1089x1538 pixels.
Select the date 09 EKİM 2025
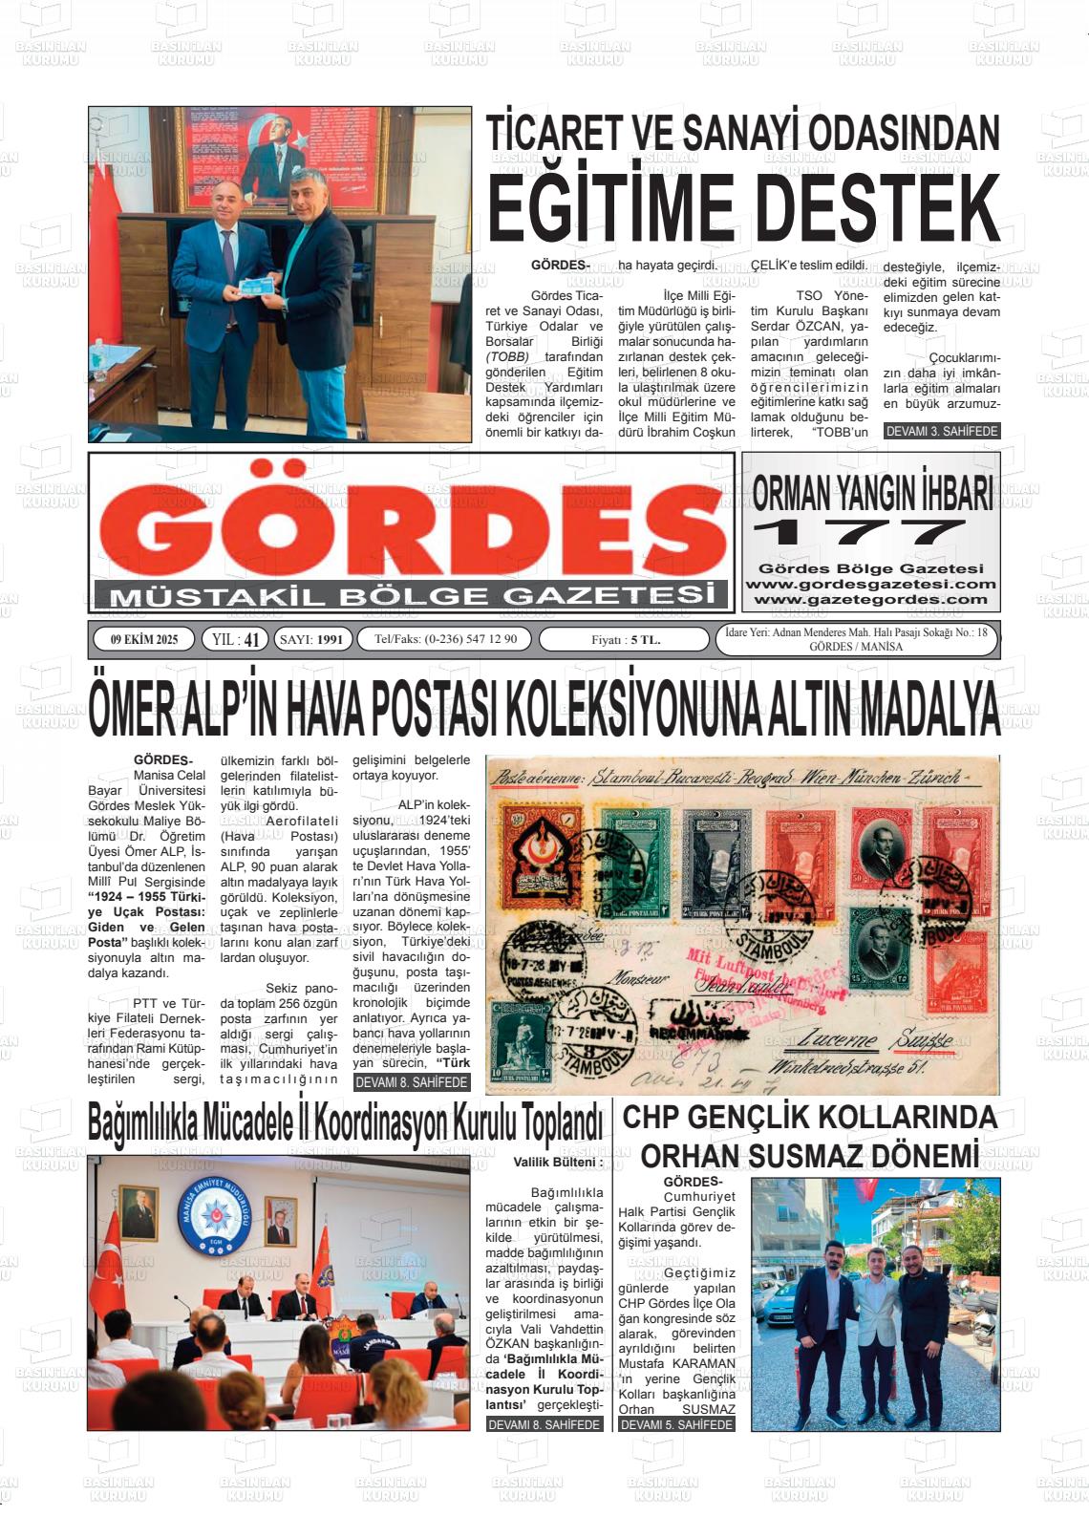tap(144, 639)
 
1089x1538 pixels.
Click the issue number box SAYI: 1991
tap(313, 639)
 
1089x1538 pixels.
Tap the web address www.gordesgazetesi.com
tap(870, 584)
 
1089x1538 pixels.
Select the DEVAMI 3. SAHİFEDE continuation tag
tap(942, 432)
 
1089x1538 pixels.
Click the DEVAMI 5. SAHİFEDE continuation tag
tap(676, 1424)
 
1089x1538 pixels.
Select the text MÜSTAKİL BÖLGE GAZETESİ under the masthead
tap(413, 596)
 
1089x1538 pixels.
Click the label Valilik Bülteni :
tap(558, 1163)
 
